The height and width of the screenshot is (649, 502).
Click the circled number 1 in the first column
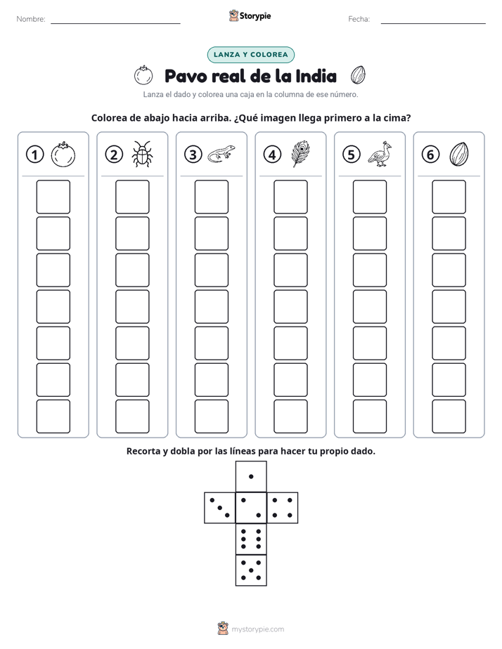34,155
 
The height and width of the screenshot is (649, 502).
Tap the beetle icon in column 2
143,154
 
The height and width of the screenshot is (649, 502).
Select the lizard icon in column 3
221,154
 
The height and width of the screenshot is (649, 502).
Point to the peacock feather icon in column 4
301,154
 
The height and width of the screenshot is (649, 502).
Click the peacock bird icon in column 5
380,154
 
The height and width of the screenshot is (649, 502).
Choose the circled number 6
430,155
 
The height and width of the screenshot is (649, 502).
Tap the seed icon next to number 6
459,154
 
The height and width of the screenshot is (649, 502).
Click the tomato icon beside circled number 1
63,155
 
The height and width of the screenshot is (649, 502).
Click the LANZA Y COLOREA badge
250,55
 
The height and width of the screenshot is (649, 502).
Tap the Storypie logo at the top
250,16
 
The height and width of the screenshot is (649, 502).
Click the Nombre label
31,19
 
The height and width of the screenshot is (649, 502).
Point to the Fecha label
359,19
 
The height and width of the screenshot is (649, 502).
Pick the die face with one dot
251,476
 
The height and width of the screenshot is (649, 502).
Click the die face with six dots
251,539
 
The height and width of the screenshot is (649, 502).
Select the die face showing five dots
251,570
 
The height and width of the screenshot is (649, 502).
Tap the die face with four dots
283,508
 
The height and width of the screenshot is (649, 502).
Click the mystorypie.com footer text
257,629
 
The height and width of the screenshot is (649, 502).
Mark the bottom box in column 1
53,417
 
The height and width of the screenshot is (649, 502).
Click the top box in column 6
449,197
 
